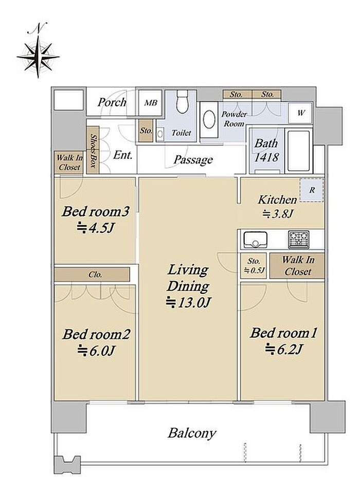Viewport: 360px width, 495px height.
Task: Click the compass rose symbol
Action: point(38,57)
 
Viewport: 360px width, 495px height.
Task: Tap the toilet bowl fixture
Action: point(182,102)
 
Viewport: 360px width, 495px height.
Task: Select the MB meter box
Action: point(150,103)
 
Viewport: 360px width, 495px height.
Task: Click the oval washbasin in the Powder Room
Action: point(208,120)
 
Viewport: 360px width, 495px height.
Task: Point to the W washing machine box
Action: point(301,113)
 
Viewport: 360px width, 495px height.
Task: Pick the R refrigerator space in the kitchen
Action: point(312,190)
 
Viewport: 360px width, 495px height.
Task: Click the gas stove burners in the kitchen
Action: point(298,240)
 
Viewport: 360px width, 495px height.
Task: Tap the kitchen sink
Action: point(255,240)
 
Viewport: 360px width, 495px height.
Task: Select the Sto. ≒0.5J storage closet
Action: point(254,266)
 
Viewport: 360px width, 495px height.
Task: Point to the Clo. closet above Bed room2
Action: point(92,274)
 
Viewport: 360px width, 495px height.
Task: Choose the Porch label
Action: point(112,102)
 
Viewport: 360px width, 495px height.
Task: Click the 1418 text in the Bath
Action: point(266,157)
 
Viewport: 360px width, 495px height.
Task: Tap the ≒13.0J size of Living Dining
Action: point(188,302)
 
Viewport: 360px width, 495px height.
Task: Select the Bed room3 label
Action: point(95,211)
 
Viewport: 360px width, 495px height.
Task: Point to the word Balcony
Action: point(192,433)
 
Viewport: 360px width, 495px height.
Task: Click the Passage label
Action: point(193,160)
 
